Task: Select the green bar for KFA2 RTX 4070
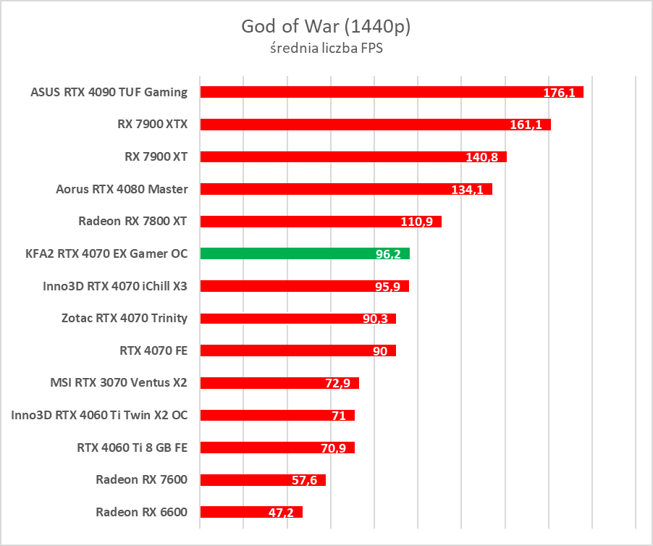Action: pos(304,253)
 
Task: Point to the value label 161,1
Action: pos(526,125)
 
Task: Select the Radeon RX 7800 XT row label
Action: pos(132,222)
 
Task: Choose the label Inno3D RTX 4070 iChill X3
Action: pos(115,286)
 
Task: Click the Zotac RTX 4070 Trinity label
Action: pos(125,318)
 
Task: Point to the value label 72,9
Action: pos(337,384)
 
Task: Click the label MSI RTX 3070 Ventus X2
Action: pos(119,382)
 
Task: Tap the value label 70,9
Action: pos(334,448)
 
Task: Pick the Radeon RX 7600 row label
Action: pos(141,479)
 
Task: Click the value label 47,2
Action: pos(282,513)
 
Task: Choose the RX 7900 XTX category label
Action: pos(152,124)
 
